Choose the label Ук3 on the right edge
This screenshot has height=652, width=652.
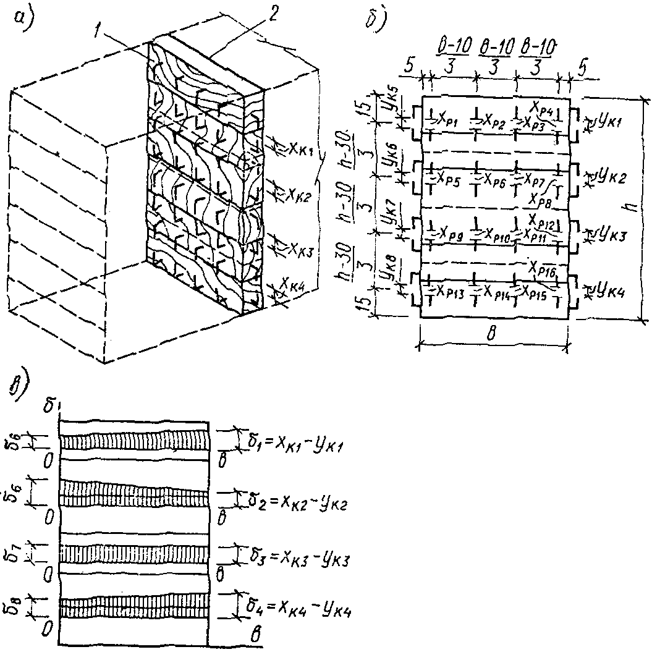tap(608, 235)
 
